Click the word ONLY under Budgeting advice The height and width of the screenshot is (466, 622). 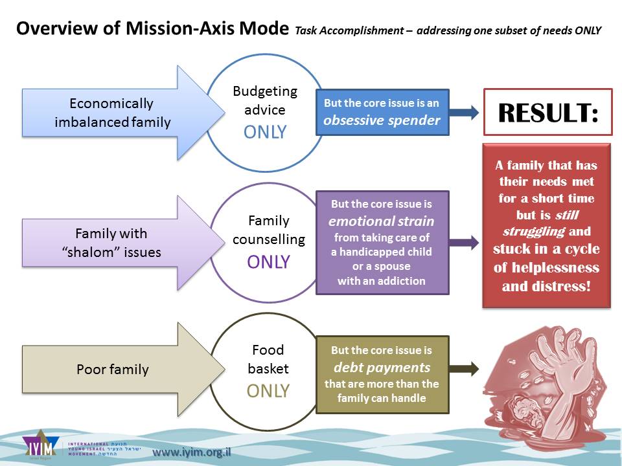[x=265, y=132]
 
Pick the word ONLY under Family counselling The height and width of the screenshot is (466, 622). [x=268, y=262]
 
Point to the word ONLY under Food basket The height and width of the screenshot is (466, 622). [x=268, y=391]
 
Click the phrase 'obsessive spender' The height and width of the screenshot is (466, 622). [x=382, y=120]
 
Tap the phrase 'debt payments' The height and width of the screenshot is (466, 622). [x=382, y=367]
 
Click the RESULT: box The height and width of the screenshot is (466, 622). [x=547, y=112]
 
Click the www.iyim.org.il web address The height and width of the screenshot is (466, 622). [x=191, y=452]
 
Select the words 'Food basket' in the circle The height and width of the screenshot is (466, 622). [x=268, y=359]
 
